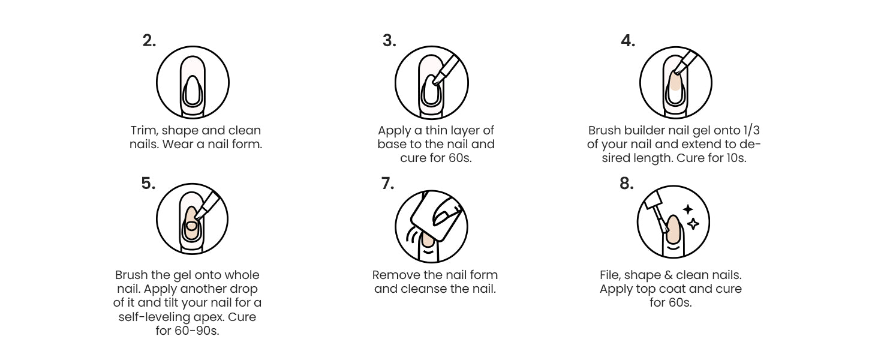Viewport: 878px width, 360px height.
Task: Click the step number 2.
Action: pos(149,41)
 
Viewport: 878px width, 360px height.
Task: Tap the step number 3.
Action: pos(389,41)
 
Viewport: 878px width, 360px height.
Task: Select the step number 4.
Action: pos(628,41)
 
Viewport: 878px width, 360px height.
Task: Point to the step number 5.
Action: pos(148,184)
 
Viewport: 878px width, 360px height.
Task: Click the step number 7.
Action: pos(387,184)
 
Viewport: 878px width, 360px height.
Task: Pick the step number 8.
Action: pos(627,184)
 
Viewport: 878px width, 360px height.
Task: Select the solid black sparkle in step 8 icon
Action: pos(688,209)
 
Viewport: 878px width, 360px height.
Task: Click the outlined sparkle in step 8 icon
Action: pos(693,224)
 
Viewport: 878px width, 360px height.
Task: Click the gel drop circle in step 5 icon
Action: pos(191,226)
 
